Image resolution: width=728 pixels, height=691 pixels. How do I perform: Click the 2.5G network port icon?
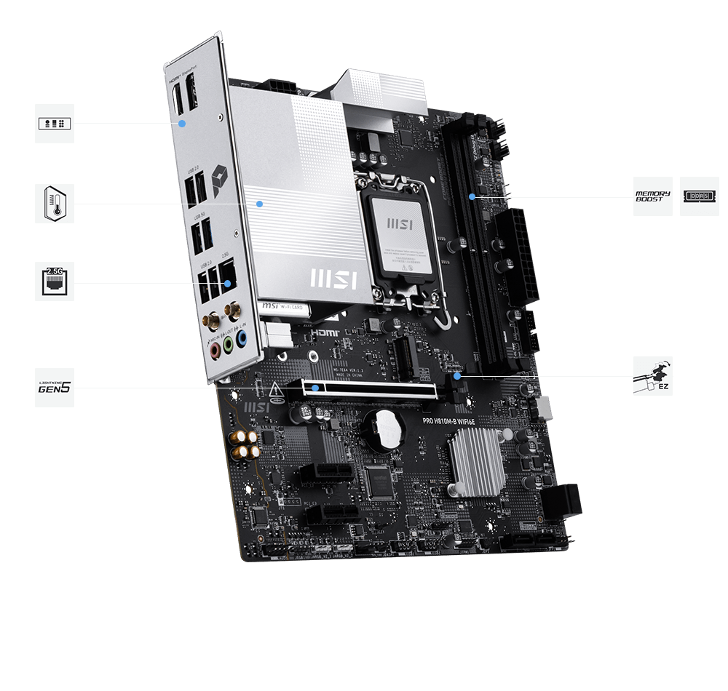55,281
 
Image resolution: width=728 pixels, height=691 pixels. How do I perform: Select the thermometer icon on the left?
55,203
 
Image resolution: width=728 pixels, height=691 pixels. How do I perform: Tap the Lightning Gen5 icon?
55,387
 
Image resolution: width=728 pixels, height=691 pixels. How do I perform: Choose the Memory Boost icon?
652,196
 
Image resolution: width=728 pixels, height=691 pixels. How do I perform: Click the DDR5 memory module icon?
699,196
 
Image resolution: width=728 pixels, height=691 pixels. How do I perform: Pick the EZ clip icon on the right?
652,376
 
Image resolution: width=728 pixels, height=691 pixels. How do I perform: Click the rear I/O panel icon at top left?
55,123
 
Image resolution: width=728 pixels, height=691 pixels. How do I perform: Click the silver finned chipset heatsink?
477,462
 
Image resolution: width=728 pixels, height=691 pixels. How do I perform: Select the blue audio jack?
242,338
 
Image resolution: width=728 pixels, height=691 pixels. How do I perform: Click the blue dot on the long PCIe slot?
314,388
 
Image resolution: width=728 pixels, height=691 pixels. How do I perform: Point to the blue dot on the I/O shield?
183,123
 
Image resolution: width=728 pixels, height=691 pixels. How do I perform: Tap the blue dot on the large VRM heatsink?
258,204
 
